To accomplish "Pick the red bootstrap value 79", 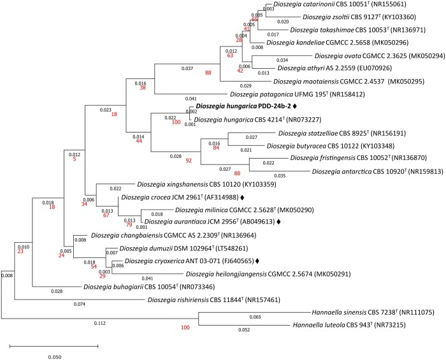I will tap(128, 224).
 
